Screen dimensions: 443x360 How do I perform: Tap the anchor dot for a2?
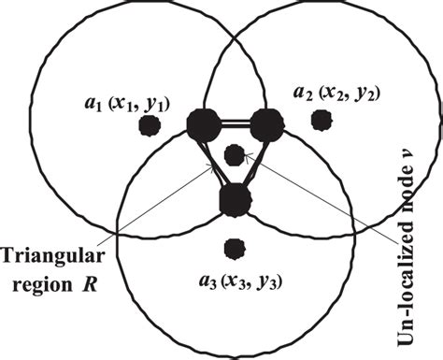point(322,120)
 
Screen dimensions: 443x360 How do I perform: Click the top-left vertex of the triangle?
point(202,123)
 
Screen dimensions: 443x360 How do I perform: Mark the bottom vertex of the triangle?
point(235,198)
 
